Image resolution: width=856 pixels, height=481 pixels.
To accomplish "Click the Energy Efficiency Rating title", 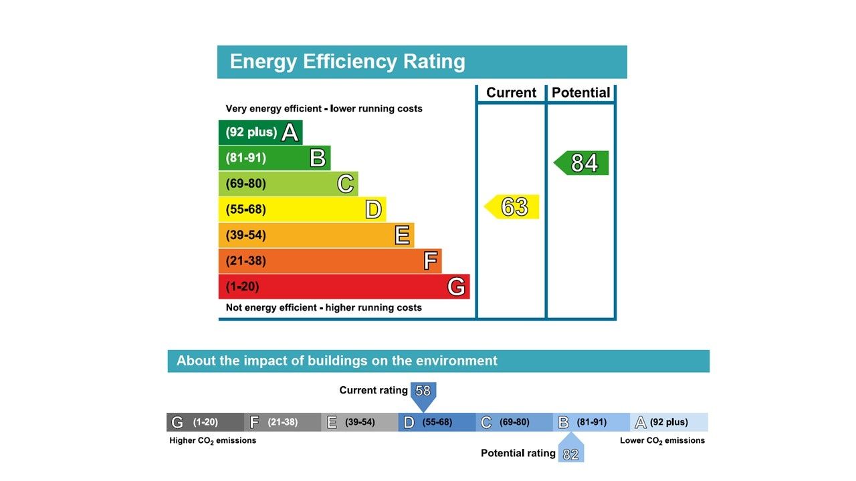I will (347, 61).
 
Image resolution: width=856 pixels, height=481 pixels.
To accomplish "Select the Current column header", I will (511, 93).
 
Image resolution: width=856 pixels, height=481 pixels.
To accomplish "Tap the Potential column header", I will (580, 93).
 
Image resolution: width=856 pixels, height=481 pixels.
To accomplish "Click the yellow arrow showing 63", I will (512, 207).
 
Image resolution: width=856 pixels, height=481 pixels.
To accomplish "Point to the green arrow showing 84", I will (582, 163).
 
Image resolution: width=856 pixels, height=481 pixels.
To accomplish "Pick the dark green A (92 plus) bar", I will (260, 132).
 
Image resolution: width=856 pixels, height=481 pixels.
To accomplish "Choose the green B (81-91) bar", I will (274, 158).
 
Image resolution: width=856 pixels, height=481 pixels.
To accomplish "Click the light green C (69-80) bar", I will (288, 184).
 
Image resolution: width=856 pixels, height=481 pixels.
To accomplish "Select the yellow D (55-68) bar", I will (302, 209).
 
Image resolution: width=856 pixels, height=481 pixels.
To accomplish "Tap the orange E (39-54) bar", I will (316, 235).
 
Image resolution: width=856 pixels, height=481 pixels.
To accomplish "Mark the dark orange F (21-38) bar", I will (330, 261).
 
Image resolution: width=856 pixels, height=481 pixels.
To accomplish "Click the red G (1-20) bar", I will (344, 287).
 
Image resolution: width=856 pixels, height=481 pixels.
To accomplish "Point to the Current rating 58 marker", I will (423, 392).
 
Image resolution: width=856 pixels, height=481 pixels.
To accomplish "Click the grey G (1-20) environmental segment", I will (205, 422).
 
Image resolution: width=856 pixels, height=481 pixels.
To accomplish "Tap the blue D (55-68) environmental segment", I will (437, 422).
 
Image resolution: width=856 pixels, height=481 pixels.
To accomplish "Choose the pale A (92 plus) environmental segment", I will (669, 422).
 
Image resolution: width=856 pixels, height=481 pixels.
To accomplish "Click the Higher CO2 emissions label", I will (213, 440).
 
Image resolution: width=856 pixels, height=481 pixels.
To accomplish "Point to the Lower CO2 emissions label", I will (662, 440).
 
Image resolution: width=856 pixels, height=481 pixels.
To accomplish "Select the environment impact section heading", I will (337, 361).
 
